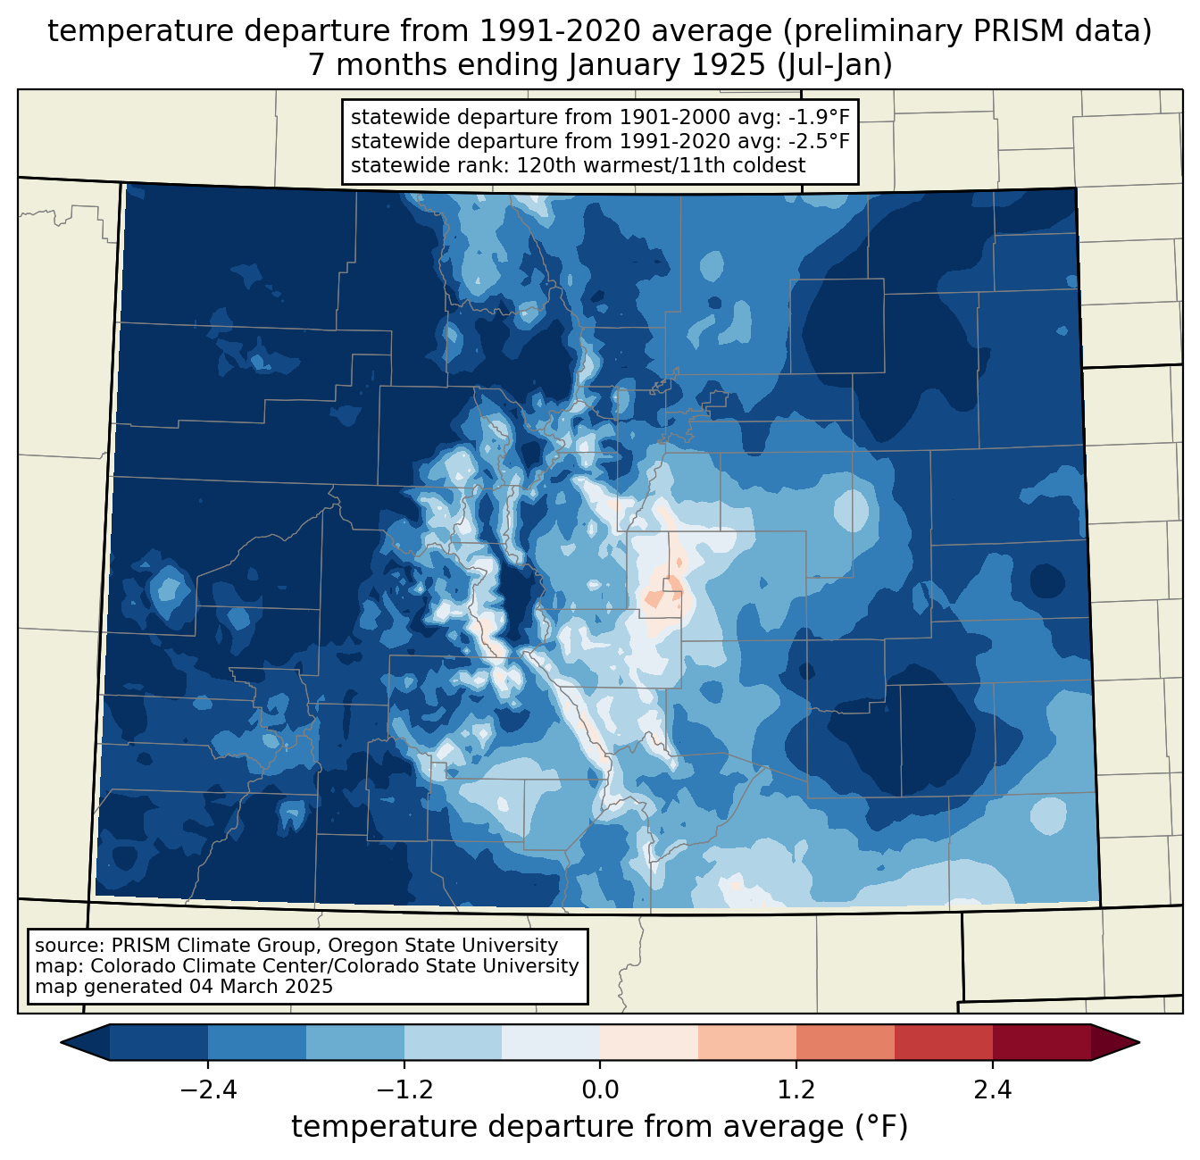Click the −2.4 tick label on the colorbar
208,1090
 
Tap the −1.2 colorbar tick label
404,1090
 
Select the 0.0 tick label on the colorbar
600,1090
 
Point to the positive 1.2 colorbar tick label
796,1090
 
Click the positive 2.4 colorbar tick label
992,1090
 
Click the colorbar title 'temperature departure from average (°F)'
600,1127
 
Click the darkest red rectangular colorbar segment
1041,1042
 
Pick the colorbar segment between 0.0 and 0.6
649,1042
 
